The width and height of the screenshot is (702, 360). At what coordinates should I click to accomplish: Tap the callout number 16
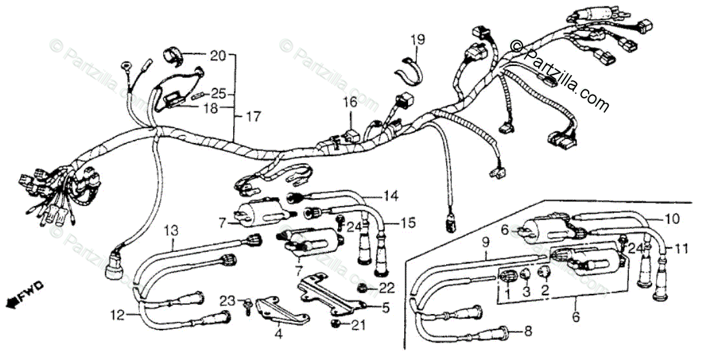pos(350,102)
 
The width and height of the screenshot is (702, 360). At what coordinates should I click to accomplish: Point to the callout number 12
pos(116,316)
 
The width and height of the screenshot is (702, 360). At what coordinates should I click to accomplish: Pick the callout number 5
pos(386,308)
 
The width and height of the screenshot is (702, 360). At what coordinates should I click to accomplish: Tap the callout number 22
pos(387,287)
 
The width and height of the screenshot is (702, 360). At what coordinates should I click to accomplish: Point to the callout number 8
pos(528,332)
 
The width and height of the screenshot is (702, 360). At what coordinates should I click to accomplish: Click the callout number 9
pos(486,243)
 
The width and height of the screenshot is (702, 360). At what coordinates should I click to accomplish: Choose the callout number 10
pos(672,220)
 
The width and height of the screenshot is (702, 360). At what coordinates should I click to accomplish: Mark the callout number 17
pos(253,117)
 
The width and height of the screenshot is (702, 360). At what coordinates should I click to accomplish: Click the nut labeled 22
pos(364,286)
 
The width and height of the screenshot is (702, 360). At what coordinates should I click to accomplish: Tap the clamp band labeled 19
pos(409,66)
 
